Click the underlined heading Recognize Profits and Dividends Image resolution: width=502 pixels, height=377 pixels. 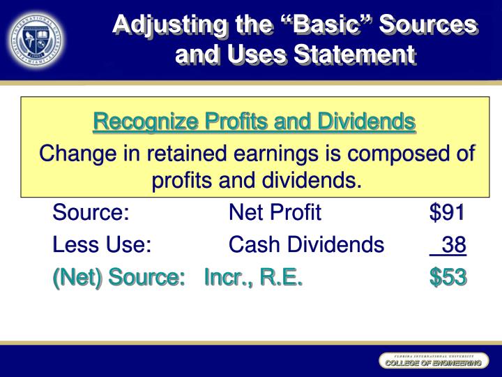[254, 122]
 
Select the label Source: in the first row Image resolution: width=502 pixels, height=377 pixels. [91, 212]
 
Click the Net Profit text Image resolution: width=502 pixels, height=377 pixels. [275, 212]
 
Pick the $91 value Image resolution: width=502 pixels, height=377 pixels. [448, 212]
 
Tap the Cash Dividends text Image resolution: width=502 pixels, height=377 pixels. [306, 244]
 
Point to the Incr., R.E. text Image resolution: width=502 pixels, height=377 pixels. [254, 277]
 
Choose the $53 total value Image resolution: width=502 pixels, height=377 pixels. [448, 277]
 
